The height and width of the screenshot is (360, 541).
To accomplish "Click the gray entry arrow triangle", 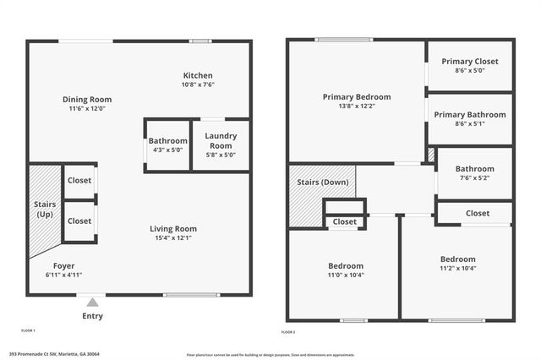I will tap(93, 302).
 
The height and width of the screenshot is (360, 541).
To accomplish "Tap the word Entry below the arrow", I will tap(93, 316).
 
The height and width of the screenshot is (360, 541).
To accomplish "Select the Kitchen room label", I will tap(197, 75).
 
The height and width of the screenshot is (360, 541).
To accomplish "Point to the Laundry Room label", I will tap(221, 140).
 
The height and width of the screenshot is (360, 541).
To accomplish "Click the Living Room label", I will tap(173, 228).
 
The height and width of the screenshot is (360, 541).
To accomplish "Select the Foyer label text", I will tap(64, 265).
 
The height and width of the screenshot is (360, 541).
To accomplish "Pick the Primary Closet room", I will tap(469, 66).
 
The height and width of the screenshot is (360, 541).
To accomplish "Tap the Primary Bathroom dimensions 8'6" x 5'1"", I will tap(469, 124).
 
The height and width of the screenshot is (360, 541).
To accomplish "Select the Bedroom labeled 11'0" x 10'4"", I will tap(346, 270).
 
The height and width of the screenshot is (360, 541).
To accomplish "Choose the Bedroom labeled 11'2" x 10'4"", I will tap(457, 264).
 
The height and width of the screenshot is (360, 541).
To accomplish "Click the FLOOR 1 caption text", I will tap(28, 330).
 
